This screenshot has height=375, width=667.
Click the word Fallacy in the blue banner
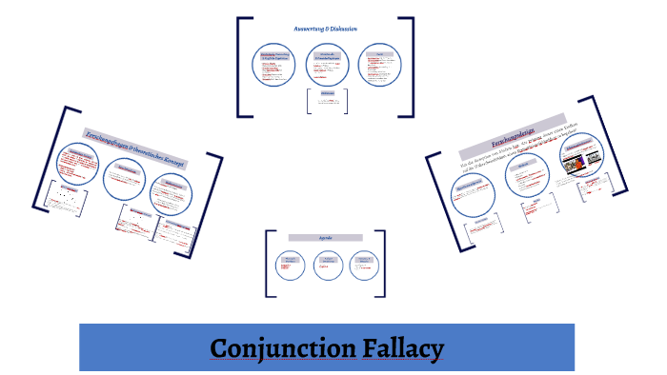click(403, 348)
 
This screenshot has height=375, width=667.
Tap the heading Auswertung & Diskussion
click(325, 30)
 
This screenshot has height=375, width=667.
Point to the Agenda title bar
click(326, 237)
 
